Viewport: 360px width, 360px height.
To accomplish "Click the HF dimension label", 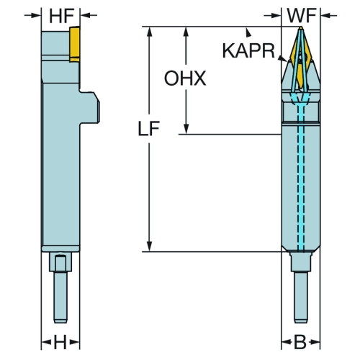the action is point(61,17).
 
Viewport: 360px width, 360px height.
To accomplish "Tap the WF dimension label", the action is point(302,16).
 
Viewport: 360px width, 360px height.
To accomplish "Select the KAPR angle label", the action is point(248,50).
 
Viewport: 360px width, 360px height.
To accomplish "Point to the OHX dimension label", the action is point(185,78).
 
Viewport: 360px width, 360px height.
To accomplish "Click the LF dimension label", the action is point(149,129).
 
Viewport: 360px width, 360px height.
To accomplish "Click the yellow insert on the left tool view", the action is point(75,44).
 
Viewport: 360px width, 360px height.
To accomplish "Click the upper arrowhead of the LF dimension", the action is point(150,32).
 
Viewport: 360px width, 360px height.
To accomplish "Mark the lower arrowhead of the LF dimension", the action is point(150,246).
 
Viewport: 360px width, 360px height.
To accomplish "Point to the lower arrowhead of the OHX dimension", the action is point(186,128).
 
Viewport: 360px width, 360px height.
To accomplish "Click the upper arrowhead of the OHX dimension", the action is point(186,32).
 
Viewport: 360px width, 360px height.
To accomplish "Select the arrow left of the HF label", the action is point(32,15).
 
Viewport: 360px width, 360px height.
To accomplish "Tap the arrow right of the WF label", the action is point(328,16).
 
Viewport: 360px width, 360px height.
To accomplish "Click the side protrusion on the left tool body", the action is point(89,107).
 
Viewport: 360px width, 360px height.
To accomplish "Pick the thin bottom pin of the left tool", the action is point(60,297).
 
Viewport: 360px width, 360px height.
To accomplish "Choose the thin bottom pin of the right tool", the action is point(301,297).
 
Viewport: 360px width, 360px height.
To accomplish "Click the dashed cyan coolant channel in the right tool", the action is point(301,178).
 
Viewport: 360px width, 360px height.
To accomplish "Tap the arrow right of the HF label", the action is point(89,15).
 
